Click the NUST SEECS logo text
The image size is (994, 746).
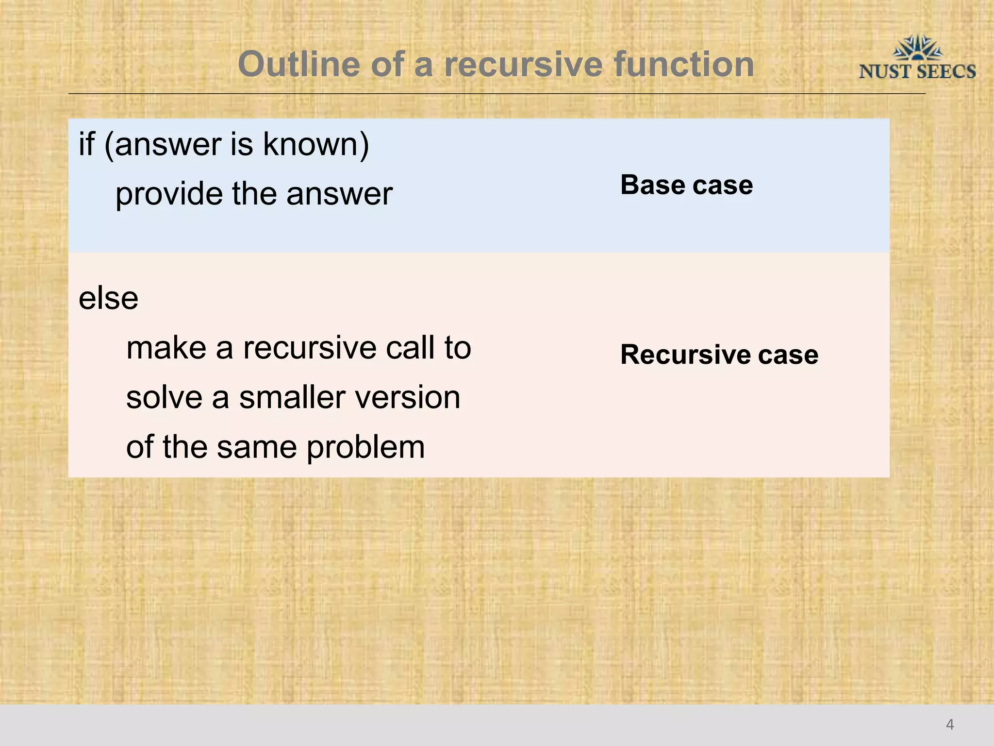[x=917, y=72]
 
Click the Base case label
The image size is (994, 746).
[x=686, y=185]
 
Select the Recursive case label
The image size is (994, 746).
[x=719, y=354]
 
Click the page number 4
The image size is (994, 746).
[x=950, y=725]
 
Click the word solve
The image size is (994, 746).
[x=165, y=397]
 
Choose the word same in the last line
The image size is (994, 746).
[x=257, y=447]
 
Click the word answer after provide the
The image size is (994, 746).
[x=339, y=194]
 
